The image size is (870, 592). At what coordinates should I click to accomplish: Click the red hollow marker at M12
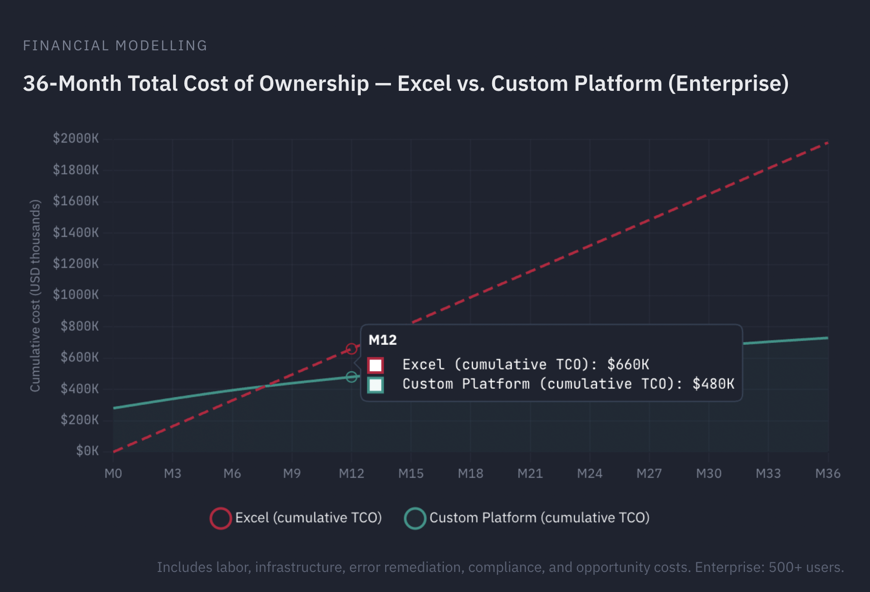[351, 349]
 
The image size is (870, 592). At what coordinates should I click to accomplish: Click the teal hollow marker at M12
[351, 377]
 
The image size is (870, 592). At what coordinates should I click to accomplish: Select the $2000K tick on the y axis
[76, 139]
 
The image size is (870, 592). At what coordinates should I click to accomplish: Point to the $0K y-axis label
[87, 451]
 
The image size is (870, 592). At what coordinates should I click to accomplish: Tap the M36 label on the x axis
[827, 473]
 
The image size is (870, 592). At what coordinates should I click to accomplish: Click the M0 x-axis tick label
[113, 473]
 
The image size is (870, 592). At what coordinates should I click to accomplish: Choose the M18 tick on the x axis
[470, 473]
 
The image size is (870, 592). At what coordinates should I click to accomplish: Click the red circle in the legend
[220, 518]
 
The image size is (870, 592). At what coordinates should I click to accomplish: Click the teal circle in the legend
[415, 518]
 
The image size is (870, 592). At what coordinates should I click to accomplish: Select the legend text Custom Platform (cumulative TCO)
[539, 518]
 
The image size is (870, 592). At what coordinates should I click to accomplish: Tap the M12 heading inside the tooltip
[382, 340]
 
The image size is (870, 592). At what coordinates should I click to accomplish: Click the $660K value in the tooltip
[628, 364]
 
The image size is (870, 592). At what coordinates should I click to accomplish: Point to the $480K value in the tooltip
[713, 384]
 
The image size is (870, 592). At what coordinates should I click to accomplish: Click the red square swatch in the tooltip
[375, 365]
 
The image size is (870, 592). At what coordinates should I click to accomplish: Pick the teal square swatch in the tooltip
[375, 385]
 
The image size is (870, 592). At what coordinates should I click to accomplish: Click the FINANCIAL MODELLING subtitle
[115, 46]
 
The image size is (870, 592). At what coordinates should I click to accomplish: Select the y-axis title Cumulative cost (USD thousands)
[35, 296]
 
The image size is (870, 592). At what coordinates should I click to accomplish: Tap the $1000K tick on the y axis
[76, 295]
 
